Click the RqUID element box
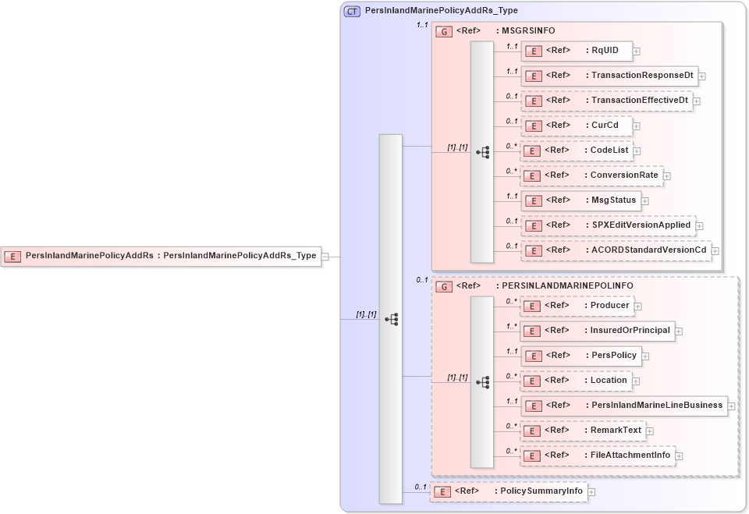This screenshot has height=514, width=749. (577, 51)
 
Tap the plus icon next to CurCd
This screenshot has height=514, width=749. (637, 126)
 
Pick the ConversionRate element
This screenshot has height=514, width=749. (591, 175)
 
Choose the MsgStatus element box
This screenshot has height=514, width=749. (580, 200)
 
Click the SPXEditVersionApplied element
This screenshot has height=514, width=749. (608, 225)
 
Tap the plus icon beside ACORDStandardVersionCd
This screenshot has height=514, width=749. (715, 250)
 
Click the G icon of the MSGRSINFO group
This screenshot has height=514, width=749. (444, 31)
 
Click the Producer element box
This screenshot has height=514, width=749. (577, 306)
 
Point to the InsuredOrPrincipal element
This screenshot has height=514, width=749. (598, 331)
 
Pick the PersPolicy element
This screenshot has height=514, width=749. (581, 356)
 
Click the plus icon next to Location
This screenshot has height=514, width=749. (636, 381)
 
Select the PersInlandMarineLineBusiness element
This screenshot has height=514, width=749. (624, 406)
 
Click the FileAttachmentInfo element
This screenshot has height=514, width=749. (598, 456)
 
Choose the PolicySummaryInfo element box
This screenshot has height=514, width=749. (508, 492)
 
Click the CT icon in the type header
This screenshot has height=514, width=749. (352, 11)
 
